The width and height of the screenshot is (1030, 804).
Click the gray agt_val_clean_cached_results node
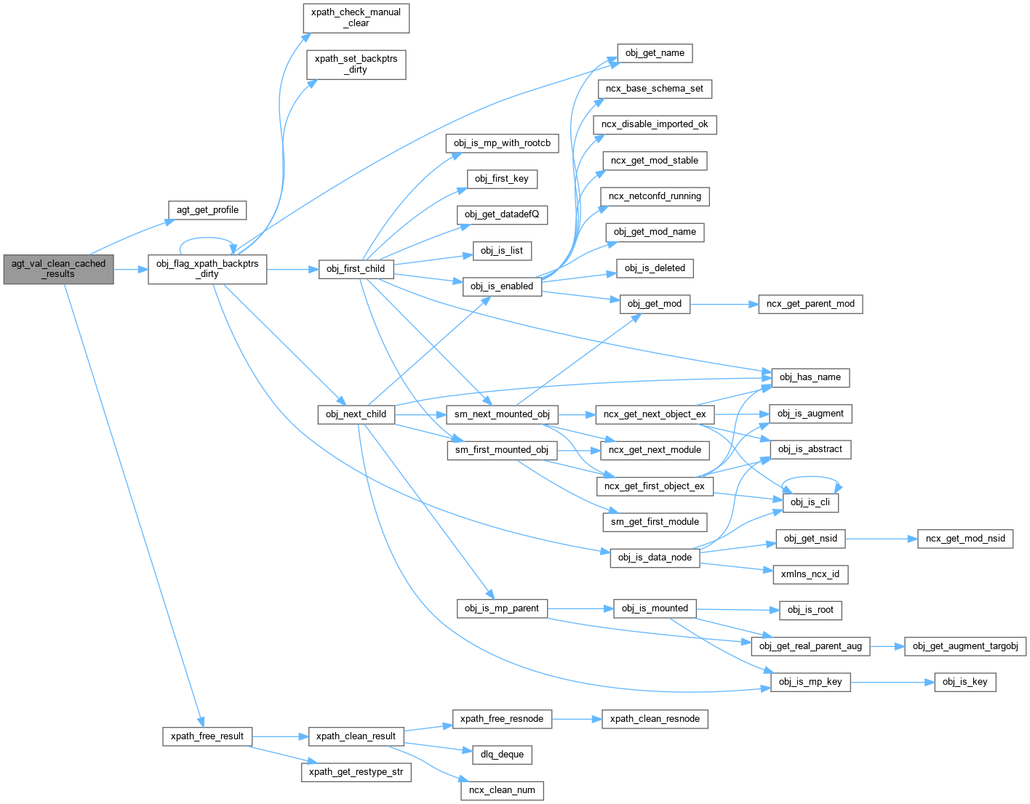coord(58,269)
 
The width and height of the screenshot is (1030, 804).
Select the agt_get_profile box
coord(207,210)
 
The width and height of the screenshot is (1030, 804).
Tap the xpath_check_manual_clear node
coord(356,18)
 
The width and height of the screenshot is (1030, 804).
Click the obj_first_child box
coord(356,269)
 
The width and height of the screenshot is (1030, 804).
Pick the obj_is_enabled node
coord(502,286)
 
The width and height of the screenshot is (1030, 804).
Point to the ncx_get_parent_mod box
coord(810,304)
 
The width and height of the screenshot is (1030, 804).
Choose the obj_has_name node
coord(810,377)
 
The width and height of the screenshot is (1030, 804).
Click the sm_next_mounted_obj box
coord(502,414)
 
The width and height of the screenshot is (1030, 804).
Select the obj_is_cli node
coord(810,502)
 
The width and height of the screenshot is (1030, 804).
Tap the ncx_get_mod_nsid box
coord(965,539)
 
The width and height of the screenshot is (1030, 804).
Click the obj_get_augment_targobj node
coord(965,646)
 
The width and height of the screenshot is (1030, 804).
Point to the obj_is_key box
coord(965,682)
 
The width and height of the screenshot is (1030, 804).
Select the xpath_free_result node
coord(207,736)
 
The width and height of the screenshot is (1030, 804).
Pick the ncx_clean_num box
coord(502,790)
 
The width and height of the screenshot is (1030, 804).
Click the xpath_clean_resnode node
coord(655,719)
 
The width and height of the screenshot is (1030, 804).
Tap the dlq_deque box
coord(502,755)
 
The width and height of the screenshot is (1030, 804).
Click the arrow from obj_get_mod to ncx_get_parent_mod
coord(724,304)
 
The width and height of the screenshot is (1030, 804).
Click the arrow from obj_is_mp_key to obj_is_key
coord(892,682)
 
